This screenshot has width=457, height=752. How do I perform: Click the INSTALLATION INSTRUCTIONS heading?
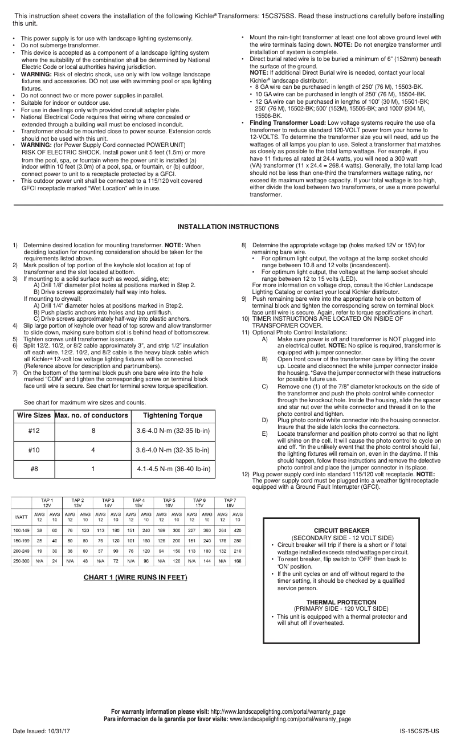click(228, 227)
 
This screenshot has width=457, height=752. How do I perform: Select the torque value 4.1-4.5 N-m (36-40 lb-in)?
click(173, 469)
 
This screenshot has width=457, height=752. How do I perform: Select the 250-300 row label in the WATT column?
click(21, 561)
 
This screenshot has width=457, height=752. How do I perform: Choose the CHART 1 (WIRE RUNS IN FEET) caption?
click(135, 578)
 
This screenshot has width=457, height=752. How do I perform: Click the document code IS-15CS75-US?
click(419, 730)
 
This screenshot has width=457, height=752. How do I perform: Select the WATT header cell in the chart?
click(21, 517)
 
